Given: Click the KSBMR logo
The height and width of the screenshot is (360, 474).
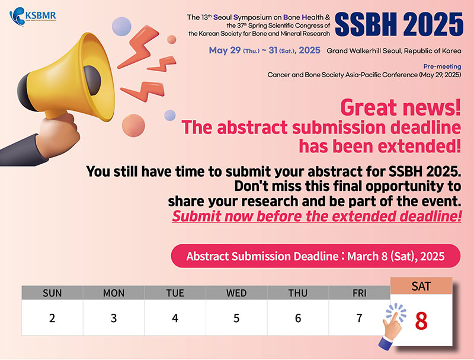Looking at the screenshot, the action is pos(33,17).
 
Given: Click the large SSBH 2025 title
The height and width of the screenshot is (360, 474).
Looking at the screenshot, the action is pos(399,24).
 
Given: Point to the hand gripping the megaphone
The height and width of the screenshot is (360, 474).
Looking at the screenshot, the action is pos(58,135).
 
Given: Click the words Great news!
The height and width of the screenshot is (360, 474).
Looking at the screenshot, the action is pos(401,107).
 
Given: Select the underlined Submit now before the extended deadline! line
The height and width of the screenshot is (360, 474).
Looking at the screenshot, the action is pos(317,216).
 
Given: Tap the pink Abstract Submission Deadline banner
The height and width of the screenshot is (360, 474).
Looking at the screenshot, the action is pos(316,256).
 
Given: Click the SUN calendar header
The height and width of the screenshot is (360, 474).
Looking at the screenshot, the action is pos(52,293).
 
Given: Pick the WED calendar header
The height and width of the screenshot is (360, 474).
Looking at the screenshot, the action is pos(236,293).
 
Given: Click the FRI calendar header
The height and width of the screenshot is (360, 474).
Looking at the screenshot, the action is pos(359,293).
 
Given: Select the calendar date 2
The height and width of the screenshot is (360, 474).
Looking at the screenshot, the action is pos(52,318).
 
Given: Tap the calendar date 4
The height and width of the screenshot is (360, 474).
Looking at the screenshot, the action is pos(175,318).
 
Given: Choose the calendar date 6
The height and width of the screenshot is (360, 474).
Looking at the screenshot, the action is pos(298,318).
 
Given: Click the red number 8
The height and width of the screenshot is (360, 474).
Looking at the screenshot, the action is pos(421,321).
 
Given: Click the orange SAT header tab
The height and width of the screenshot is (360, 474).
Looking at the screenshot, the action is pos(421,286).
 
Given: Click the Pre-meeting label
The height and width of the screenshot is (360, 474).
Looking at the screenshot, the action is pos(442,66).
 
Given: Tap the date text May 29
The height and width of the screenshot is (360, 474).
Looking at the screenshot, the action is pos(225,50).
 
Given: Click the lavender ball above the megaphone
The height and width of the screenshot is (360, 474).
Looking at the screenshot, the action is pos(121,26).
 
